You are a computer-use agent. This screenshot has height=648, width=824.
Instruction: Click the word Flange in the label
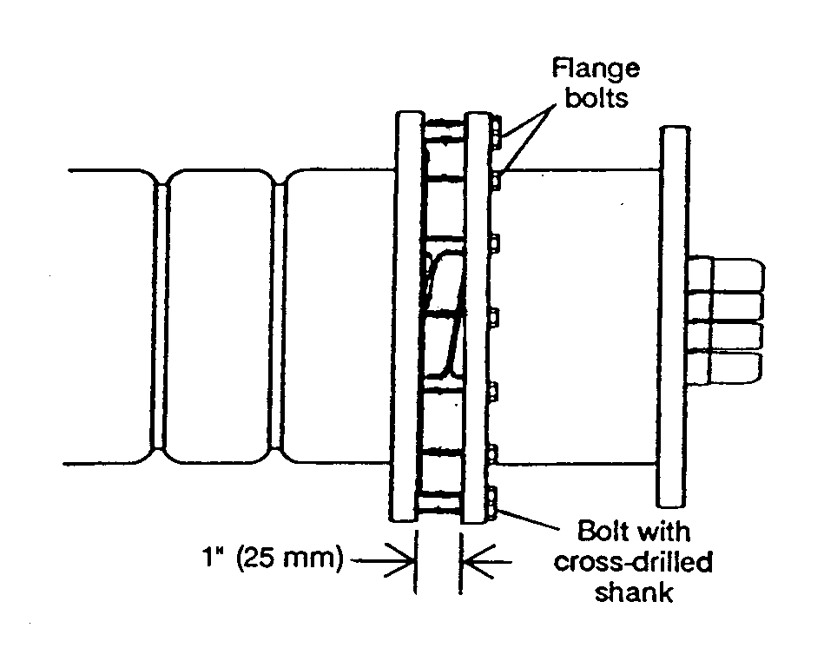[596, 69]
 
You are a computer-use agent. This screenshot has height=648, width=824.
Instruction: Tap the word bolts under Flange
[597, 98]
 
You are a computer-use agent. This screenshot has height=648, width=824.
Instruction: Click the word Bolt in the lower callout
[601, 531]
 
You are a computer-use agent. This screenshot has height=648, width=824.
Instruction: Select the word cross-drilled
[633, 562]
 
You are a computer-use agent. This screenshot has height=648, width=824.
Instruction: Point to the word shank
[634, 592]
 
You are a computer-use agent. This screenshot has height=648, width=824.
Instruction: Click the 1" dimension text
[214, 557]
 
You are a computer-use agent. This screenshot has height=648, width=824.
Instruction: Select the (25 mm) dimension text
[289, 559]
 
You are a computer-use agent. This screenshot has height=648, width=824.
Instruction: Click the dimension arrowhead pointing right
[400, 561]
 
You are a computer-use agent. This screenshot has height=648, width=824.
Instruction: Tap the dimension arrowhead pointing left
[478, 562]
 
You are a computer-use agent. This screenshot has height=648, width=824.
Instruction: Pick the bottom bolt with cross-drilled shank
[493, 502]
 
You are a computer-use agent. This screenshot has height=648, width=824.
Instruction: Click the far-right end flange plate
[675, 316]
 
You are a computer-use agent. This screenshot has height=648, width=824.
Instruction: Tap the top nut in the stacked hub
[726, 274]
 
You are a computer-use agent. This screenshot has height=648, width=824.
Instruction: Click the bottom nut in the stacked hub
[724, 368]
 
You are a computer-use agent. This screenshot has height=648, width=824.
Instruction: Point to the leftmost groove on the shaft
[161, 316]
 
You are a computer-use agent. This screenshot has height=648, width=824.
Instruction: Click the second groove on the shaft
[278, 316]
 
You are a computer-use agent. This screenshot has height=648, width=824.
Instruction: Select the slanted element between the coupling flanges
[444, 315]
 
